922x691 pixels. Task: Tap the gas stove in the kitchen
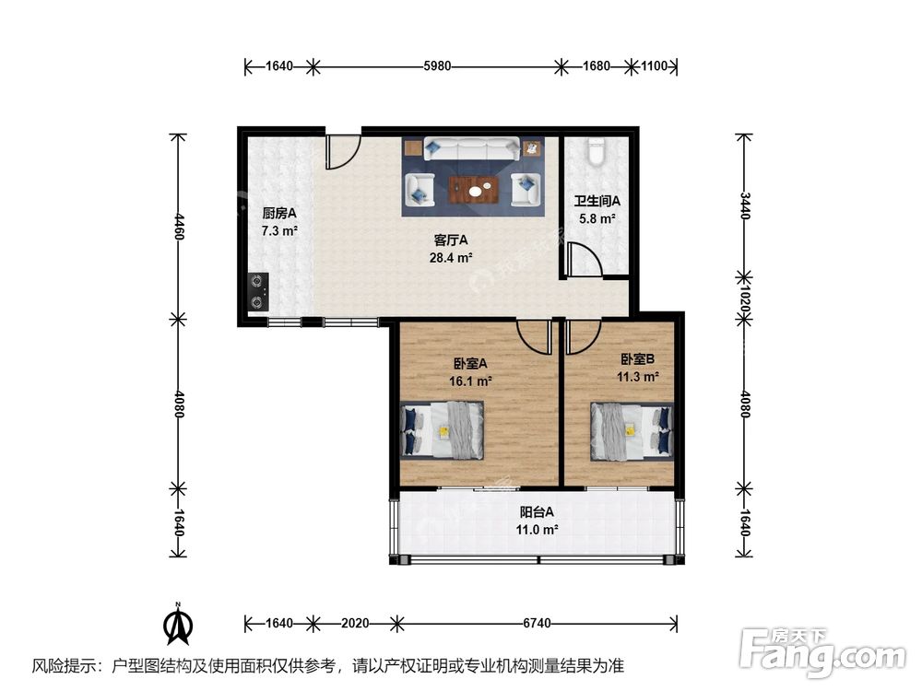[x=258, y=291]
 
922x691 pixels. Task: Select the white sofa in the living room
[x=471, y=148]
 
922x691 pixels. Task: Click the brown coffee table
[x=474, y=189]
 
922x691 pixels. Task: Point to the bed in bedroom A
[x=442, y=430]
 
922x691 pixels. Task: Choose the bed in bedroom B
[x=632, y=430]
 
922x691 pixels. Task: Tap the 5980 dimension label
[x=437, y=65]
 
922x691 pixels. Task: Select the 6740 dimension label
[x=537, y=623]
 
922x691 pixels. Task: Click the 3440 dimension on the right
[x=744, y=205]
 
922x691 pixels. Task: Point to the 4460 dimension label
[x=180, y=228]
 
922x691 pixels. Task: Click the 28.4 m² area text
[x=451, y=257]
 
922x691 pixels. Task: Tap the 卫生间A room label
[x=597, y=201]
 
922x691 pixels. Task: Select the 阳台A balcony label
[x=537, y=511]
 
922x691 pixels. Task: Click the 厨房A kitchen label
[x=279, y=213]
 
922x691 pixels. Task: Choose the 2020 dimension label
[x=355, y=623]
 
